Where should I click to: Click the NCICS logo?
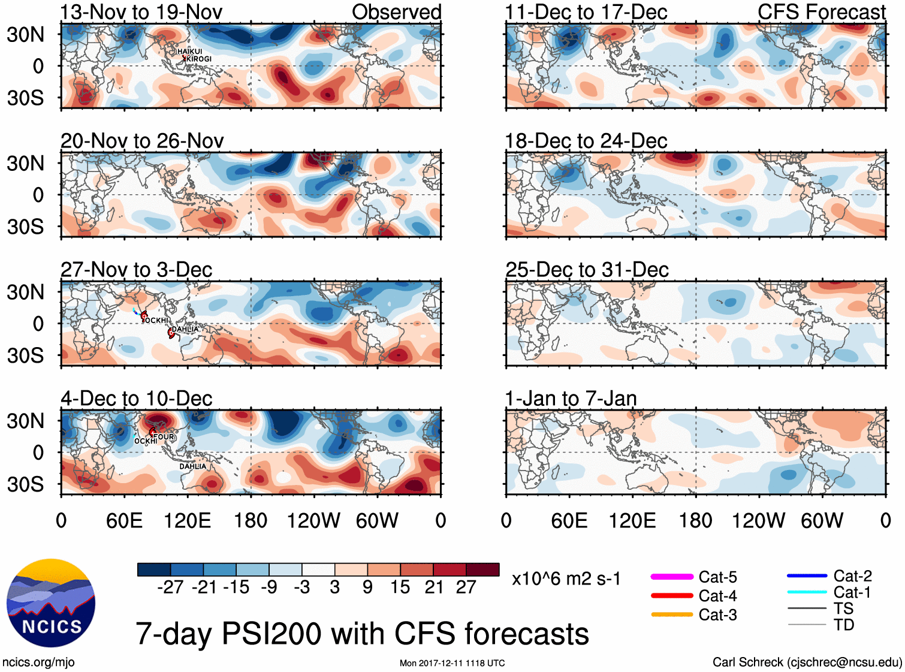coord(51,603)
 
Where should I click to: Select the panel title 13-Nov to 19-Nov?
coord(141,12)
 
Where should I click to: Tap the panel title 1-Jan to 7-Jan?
coord(571,399)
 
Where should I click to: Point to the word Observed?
coord(396,12)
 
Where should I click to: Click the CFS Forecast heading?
coord(821,12)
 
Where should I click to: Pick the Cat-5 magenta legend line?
coord(672,577)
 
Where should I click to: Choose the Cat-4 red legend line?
coord(672,596)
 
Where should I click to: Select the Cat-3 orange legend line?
coord(672,614)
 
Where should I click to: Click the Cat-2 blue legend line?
coord(807,576)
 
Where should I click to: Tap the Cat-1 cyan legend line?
coord(807,592)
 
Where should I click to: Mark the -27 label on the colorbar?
coord(170,587)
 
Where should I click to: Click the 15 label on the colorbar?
coord(400,587)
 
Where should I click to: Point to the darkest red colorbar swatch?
coord(482,569)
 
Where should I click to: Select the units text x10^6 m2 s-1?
coord(566,579)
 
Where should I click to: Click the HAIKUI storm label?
coord(189,52)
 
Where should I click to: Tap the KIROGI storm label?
coord(199,59)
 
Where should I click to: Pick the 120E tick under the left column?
coord(188,520)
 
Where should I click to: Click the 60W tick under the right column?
coord(822,520)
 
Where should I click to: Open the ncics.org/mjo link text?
coord(38,662)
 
